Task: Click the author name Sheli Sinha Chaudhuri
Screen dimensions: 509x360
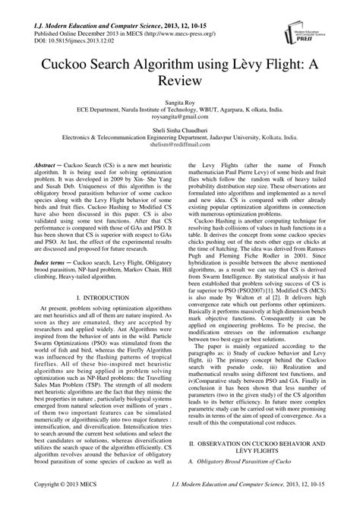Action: click(x=180, y=128)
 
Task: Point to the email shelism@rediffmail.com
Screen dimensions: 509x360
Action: click(x=180, y=144)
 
